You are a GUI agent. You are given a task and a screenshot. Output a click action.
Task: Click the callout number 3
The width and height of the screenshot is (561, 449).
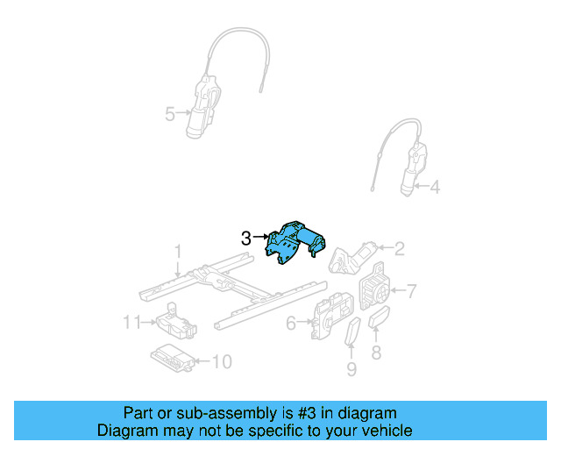tap(246, 237)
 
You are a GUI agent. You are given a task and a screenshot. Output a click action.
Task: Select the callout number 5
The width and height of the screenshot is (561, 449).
tap(169, 112)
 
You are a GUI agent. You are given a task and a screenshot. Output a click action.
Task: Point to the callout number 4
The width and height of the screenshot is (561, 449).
tap(435, 186)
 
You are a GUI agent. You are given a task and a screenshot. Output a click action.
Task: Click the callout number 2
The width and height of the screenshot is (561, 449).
tap(399, 249)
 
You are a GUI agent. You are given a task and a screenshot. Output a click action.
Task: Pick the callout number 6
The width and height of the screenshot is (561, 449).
tap(291, 324)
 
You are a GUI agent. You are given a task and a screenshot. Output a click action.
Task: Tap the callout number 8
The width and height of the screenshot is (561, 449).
tap(377, 353)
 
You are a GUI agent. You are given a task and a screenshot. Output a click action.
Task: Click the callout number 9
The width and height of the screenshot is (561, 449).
tap(352, 369)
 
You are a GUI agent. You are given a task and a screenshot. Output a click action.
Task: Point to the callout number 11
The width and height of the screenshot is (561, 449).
tap(131, 323)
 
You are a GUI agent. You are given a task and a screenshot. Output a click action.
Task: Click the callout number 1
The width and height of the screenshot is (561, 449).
tap(178, 251)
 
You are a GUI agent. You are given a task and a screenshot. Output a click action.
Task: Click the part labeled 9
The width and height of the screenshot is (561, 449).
tap(352, 334)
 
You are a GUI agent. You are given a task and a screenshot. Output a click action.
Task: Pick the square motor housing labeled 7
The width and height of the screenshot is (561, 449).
tap(375, 285)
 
